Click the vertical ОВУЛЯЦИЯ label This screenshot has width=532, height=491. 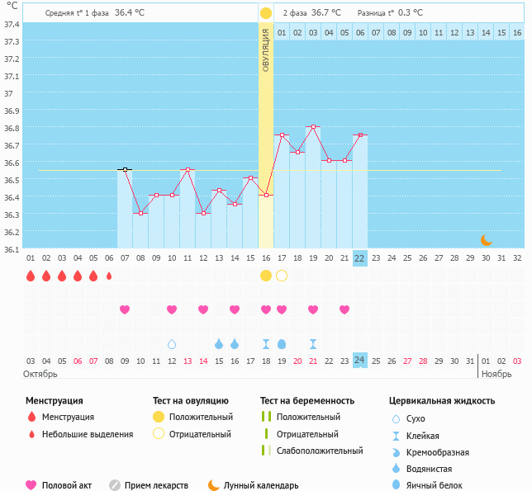pyautogui.click(x=266, y=50)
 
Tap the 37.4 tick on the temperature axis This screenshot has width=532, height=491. pyautogui.click(x=12, y=25)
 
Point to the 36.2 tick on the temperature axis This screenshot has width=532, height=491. pyautogui.click(x=12, y=231)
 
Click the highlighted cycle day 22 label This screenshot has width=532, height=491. pyautogui.click(x=359, y=257)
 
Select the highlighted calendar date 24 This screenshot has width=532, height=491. pyautogui.click(x=359, y=360)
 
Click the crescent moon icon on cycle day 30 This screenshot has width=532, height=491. pyautogui.click(x=487, y=240)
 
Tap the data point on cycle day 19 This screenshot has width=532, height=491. pyautogui.click(x=313, y=127)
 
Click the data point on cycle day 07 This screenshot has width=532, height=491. pyautogui.click(x=125, y=169)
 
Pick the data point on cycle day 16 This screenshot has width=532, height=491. pyautogui.click(x=266, y=195)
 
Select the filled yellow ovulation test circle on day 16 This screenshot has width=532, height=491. pyautogui.click(x=266, y=276)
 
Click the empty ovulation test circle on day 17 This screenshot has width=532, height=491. pyautogui.click(x=282, y=276)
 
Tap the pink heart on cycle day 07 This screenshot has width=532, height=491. pyautogui.click(x=125, y=309)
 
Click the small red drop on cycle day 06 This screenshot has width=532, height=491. pyautogui.click(x=109, y=276)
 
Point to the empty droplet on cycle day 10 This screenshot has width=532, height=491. pyautogui.click(x=172, y=344)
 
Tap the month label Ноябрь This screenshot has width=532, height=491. pyautogui.click(x=497, y=374)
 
